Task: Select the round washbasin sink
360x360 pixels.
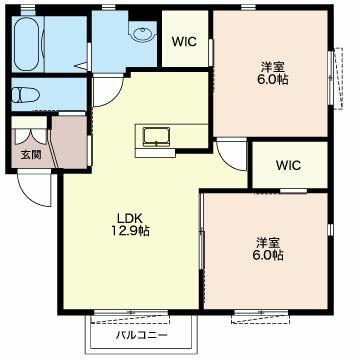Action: click(143, 33)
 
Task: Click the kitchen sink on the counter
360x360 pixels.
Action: click(156, 137)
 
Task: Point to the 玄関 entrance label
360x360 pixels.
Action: click(31, 155)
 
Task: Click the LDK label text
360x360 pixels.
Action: click(130, 219)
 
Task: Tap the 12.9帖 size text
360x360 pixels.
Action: click(130, 231)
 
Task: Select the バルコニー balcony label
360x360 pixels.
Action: click(142, 335)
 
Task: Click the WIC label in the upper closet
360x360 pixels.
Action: click(184, 42)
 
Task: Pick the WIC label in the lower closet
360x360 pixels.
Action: click(288, 165)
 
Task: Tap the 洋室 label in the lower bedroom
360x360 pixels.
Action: click(268, 243)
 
